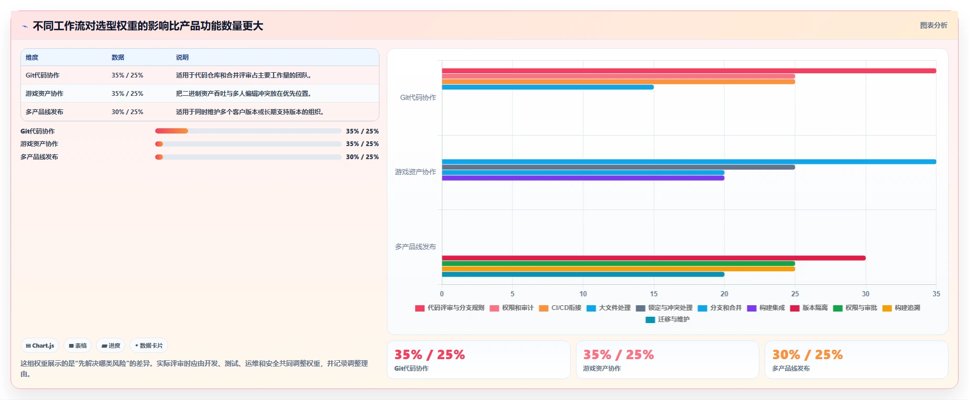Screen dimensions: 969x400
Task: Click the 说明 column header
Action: click(182, 58)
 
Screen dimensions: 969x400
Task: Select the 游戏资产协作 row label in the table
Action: click(45, 94)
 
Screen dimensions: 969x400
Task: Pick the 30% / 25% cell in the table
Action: click(127, 112)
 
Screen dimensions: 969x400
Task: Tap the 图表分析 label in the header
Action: click(933, 25)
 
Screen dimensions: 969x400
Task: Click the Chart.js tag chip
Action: click(40, 346)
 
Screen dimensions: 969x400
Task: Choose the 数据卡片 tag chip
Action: click(149, 346)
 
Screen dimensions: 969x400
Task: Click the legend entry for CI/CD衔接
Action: click(560, 308)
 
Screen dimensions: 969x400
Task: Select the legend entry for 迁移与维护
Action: click(668, 319)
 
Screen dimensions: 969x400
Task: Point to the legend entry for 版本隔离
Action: click(809, 308)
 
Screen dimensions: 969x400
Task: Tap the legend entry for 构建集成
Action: click(766, 308)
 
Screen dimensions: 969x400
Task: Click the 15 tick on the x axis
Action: click(654, 294)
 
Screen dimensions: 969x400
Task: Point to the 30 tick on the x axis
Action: click(866, 294)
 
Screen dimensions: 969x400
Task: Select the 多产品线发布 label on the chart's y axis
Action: click(416, 247)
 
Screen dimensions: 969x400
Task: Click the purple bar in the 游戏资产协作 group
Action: click(583, 178)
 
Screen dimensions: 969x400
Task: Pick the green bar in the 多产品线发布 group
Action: click(618, 263)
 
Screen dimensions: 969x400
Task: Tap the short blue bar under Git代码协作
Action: click(548, 87)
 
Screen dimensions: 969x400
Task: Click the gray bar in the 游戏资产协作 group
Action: click(618, 167)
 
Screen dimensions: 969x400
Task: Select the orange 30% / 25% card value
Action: click(807, 355)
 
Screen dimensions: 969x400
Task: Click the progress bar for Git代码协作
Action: click(248, 131)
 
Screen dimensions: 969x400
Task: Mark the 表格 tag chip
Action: click(78, 346)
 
